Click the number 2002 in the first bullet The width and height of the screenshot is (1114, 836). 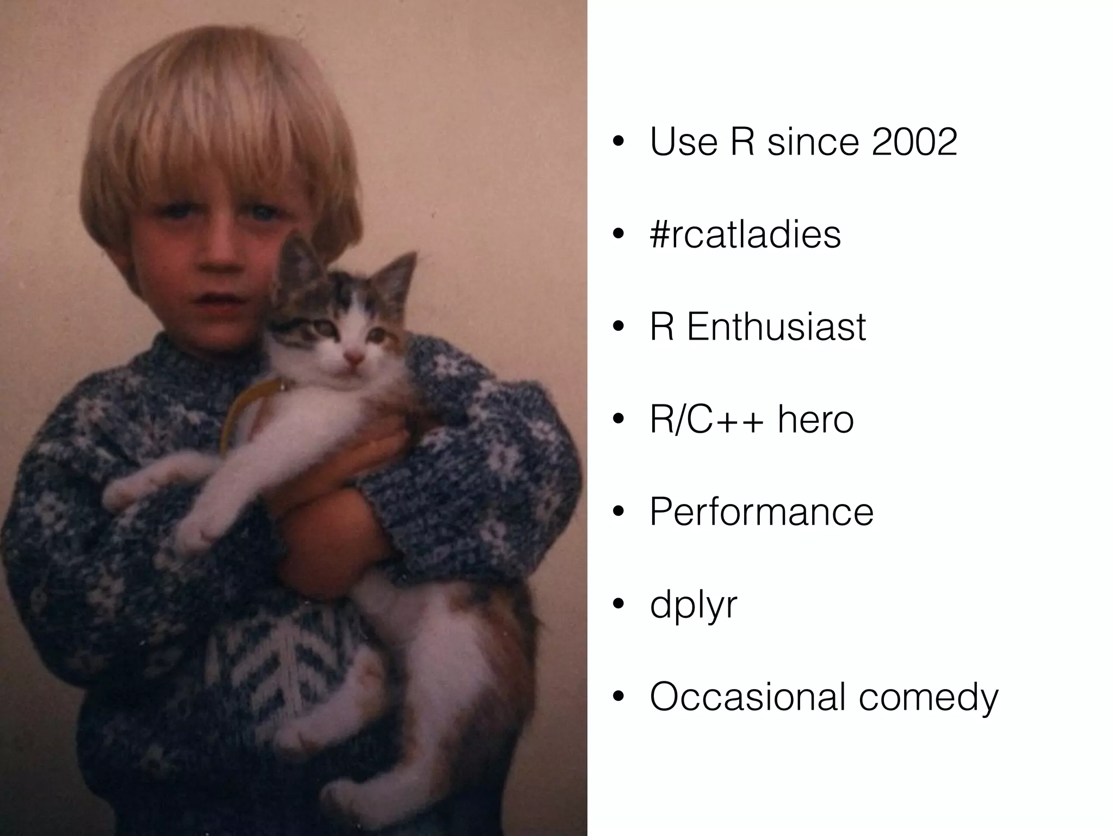coord(914,142)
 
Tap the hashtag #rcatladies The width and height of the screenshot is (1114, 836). coord(745,235)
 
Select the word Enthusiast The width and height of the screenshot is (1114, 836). coord(776,327)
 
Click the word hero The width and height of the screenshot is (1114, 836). coord(815,420)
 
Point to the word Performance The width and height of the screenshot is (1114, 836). coord(762,512)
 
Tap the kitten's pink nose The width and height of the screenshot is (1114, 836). coord(354,358)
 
